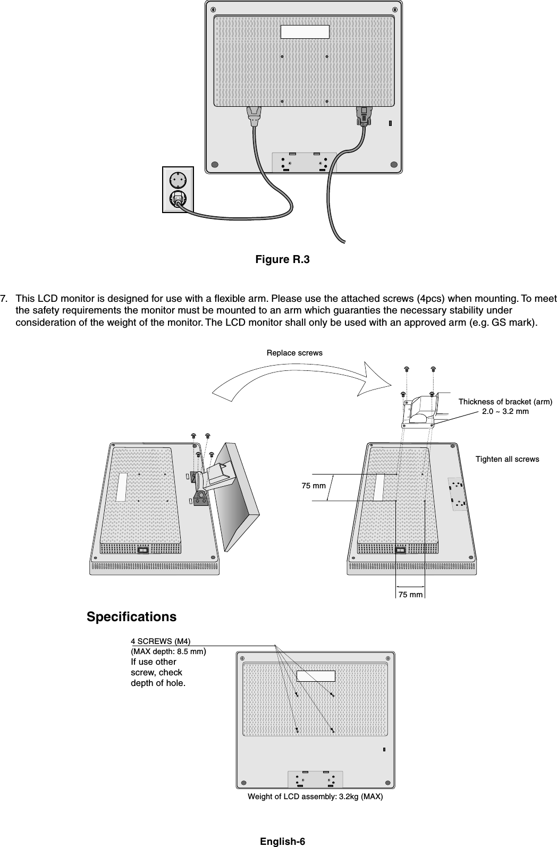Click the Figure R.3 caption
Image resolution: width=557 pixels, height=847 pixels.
[282, 260]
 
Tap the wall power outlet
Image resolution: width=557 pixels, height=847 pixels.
[178, 190]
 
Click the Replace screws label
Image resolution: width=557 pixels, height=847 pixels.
[294, 353]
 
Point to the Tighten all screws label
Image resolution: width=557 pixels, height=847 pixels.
[507, 459]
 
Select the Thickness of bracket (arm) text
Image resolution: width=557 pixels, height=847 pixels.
[505, 402]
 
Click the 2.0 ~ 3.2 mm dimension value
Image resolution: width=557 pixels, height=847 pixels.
[505, 411]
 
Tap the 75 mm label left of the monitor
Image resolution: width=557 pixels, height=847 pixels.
[314, 486]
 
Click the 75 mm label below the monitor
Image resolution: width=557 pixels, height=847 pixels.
[411, 595]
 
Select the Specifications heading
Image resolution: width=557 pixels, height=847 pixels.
[131, 617]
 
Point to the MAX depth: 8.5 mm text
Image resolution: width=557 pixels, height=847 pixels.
[168, 651]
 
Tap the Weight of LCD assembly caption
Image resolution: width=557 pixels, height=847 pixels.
[315, 798]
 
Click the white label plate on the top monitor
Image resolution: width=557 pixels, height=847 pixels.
[305, 31]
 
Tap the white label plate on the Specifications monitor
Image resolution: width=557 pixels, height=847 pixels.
[316, 676]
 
